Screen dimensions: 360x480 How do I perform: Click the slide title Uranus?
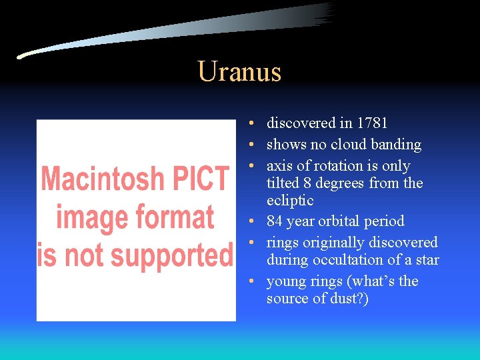click(239, 72)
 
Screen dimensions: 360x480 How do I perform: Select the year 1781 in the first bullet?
click(372, 123)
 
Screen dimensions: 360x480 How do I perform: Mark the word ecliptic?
click(290, 201)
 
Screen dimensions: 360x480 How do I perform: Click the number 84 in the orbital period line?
click(275, 221)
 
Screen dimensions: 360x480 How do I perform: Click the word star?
click(427, 260)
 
